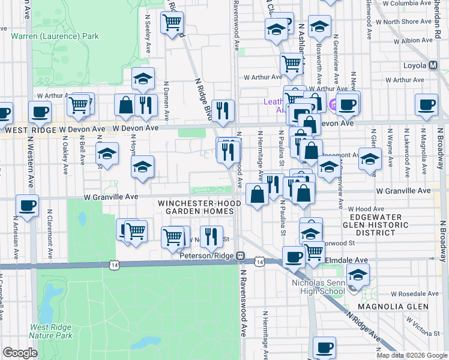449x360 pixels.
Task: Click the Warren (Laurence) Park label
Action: pos(55,36)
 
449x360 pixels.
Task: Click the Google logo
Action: pos(20,353)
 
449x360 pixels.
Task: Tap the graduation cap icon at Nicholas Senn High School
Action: pos(358,275)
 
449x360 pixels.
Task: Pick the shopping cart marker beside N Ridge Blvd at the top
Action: pos(172,22)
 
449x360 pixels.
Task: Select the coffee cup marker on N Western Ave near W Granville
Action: pos(27,205)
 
